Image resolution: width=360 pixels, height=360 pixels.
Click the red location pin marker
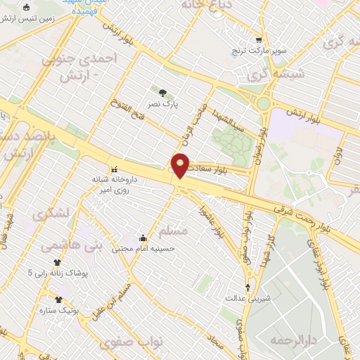[x=181, y=165]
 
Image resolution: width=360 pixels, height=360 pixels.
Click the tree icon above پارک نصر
[x=162, y=92]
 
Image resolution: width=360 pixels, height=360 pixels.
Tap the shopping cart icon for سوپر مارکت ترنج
[x=259, y=40]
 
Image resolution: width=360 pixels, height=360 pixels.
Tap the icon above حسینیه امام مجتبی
[x=143, y=237]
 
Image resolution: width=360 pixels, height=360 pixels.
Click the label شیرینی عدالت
[x=247, y=298]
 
